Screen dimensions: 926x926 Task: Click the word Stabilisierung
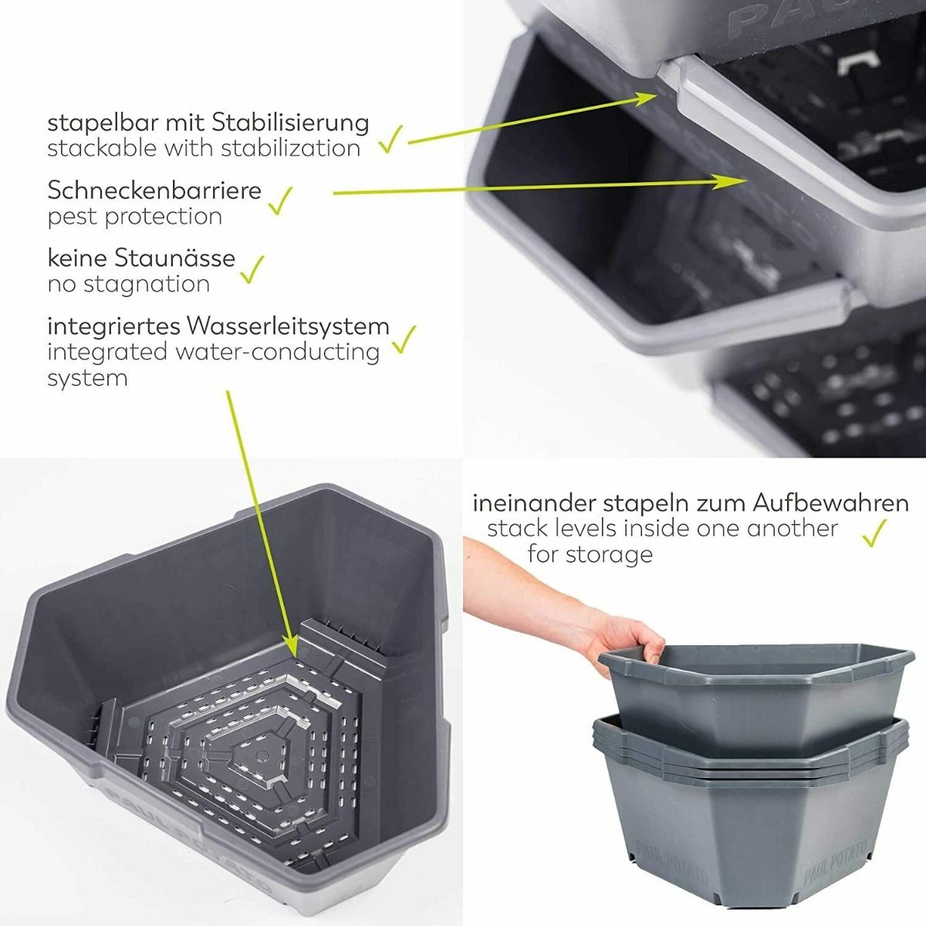click(x=290, y=124)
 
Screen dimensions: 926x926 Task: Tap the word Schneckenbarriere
click(x=154, y=191)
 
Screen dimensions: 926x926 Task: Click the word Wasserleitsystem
click(x=289, y=326)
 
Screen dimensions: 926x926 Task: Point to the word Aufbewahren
click(x=831, y=504)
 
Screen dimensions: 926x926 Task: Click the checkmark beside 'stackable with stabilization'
click(x=390, y=140)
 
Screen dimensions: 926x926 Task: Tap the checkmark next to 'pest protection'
click(x=280, y=201)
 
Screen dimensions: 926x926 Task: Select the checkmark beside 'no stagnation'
click(x=252, y=269)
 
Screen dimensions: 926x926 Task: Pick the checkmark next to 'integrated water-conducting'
click(x=404, y=340)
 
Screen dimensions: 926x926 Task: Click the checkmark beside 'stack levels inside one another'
click(x=874, y=532)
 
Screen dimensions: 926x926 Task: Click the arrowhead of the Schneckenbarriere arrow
click(x=731, y=181)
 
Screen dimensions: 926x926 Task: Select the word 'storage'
click(x=608, y=556)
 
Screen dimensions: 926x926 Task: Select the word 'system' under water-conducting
click(x=87, y=379)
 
